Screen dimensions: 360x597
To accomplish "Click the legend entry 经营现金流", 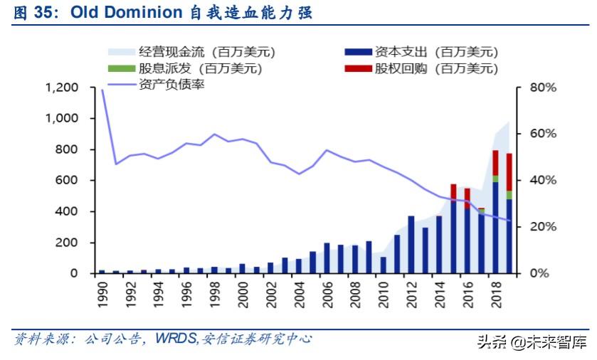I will tap(171, 52).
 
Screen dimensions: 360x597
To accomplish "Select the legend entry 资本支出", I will tap(428, 52).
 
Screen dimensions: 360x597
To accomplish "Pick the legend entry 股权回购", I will tap(428, 69).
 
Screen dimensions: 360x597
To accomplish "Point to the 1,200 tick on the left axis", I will tap(62, 88).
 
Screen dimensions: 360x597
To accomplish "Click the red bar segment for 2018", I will tap(496, 162).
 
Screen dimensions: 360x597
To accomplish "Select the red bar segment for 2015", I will tap(453, 191).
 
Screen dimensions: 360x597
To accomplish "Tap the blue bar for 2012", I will tap(411, 244).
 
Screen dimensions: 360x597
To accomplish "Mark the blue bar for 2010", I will tap(383, 265).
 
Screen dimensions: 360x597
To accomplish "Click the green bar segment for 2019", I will tap(509, 195).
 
